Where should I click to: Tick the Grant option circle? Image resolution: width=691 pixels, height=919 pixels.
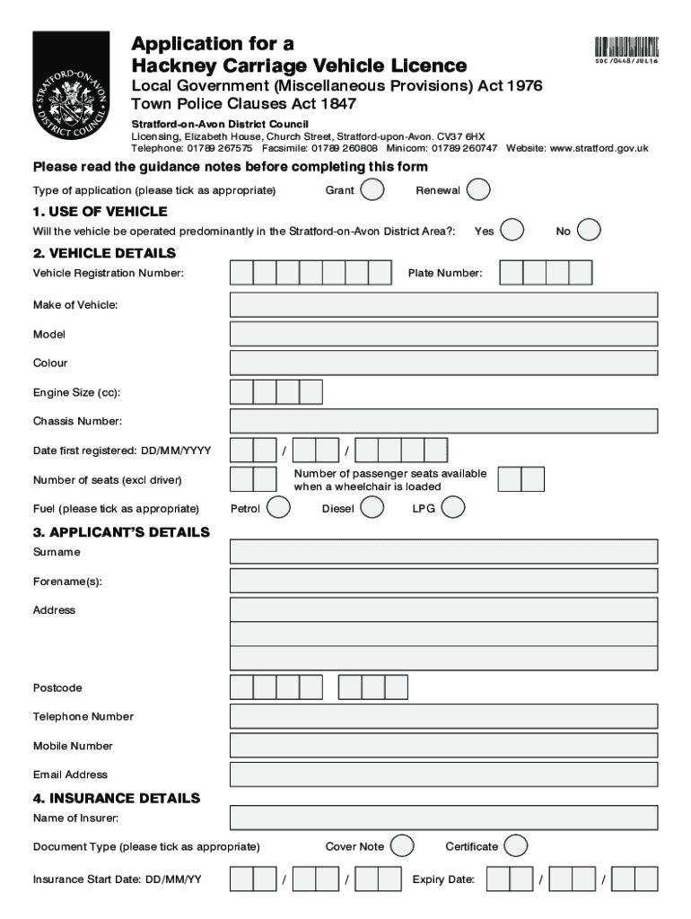(x=372, y=190)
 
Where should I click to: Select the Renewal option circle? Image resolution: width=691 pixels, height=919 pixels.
(x=478, y=190)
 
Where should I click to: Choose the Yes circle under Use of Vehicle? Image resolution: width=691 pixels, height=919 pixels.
(x=512, y=231)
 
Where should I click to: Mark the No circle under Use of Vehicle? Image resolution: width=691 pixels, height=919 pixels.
(x=589, y=231)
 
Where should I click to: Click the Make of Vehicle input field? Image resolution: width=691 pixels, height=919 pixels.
(x=443, y=305)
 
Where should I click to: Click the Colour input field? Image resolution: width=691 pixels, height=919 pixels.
(x=443, y=363)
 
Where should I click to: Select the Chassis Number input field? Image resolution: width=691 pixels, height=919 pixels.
(x=443, y=421)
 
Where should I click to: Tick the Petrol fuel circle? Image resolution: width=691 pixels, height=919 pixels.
(x=279, y=508)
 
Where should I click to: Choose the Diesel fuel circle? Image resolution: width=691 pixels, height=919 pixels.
(x=372, y=508)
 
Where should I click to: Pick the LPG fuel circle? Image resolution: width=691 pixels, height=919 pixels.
(x=453, y=508)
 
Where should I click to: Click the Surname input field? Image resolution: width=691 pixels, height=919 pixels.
(x=443, y=552)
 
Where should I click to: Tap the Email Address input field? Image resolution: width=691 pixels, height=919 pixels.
(x=443, y=775)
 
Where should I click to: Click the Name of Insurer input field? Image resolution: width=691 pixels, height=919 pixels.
(x=443, y=818)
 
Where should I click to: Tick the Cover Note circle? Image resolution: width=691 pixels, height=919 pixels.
(x=403, y=846)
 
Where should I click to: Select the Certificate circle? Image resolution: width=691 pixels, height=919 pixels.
(x=514, y=846)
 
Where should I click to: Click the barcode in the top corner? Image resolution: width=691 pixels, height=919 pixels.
(x=625, y=46)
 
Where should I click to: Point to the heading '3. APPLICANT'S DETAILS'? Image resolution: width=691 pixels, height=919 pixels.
(x=121, y=532)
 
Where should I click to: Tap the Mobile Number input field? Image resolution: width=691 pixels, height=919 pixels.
(x=443, y=746)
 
